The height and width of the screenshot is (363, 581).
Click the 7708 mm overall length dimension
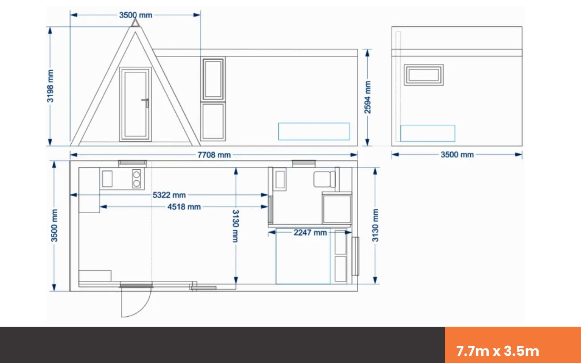pos(214,155)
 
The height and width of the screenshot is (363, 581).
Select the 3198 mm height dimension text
pos(50,86)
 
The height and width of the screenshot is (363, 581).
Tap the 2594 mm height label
pos(368,97)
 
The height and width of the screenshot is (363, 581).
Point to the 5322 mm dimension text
pos(169,195)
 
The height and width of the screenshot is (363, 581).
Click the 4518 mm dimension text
pos(184,207)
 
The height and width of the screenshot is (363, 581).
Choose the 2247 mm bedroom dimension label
pos(310,233)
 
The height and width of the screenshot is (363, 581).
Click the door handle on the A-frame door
pos(146,103)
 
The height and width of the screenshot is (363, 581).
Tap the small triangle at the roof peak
pos(135,23)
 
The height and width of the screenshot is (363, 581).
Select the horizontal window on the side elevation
pos(424,75)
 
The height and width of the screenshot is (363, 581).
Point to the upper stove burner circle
pos(137,174)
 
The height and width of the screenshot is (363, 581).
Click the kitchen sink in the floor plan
pos(107,179)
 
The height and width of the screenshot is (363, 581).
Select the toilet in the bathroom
pos(325,179)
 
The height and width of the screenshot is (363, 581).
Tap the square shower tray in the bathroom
pos(337,209)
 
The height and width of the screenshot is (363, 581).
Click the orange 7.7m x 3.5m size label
pos(497,351)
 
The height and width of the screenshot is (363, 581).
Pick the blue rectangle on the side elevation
pos(428,133)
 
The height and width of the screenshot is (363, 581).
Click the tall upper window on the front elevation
pos(213,79)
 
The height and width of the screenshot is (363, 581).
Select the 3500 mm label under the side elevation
pos(457,155)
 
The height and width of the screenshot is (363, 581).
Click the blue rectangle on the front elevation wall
pos(314,132)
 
